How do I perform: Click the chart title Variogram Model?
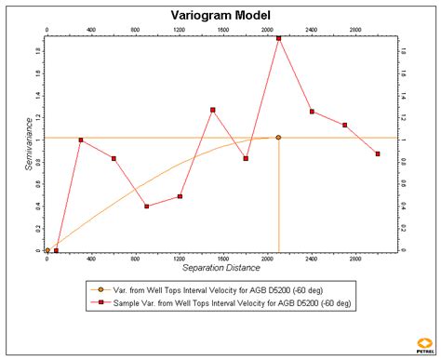coord(220,15)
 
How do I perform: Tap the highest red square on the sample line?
coord(278,38)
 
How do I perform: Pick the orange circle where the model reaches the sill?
coord(278,138)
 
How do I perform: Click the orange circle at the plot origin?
coord(47,250)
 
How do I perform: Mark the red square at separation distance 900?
coord(147,207)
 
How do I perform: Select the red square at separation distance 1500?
coord(213,110)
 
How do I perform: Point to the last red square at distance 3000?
coord(378,153)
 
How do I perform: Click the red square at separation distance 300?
coord(81,140)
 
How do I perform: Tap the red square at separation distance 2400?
coord(312,112)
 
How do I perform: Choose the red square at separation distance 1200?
coord(180,196)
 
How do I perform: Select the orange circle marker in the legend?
coord(100,289)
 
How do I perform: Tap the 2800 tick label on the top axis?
coord(355,30)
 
